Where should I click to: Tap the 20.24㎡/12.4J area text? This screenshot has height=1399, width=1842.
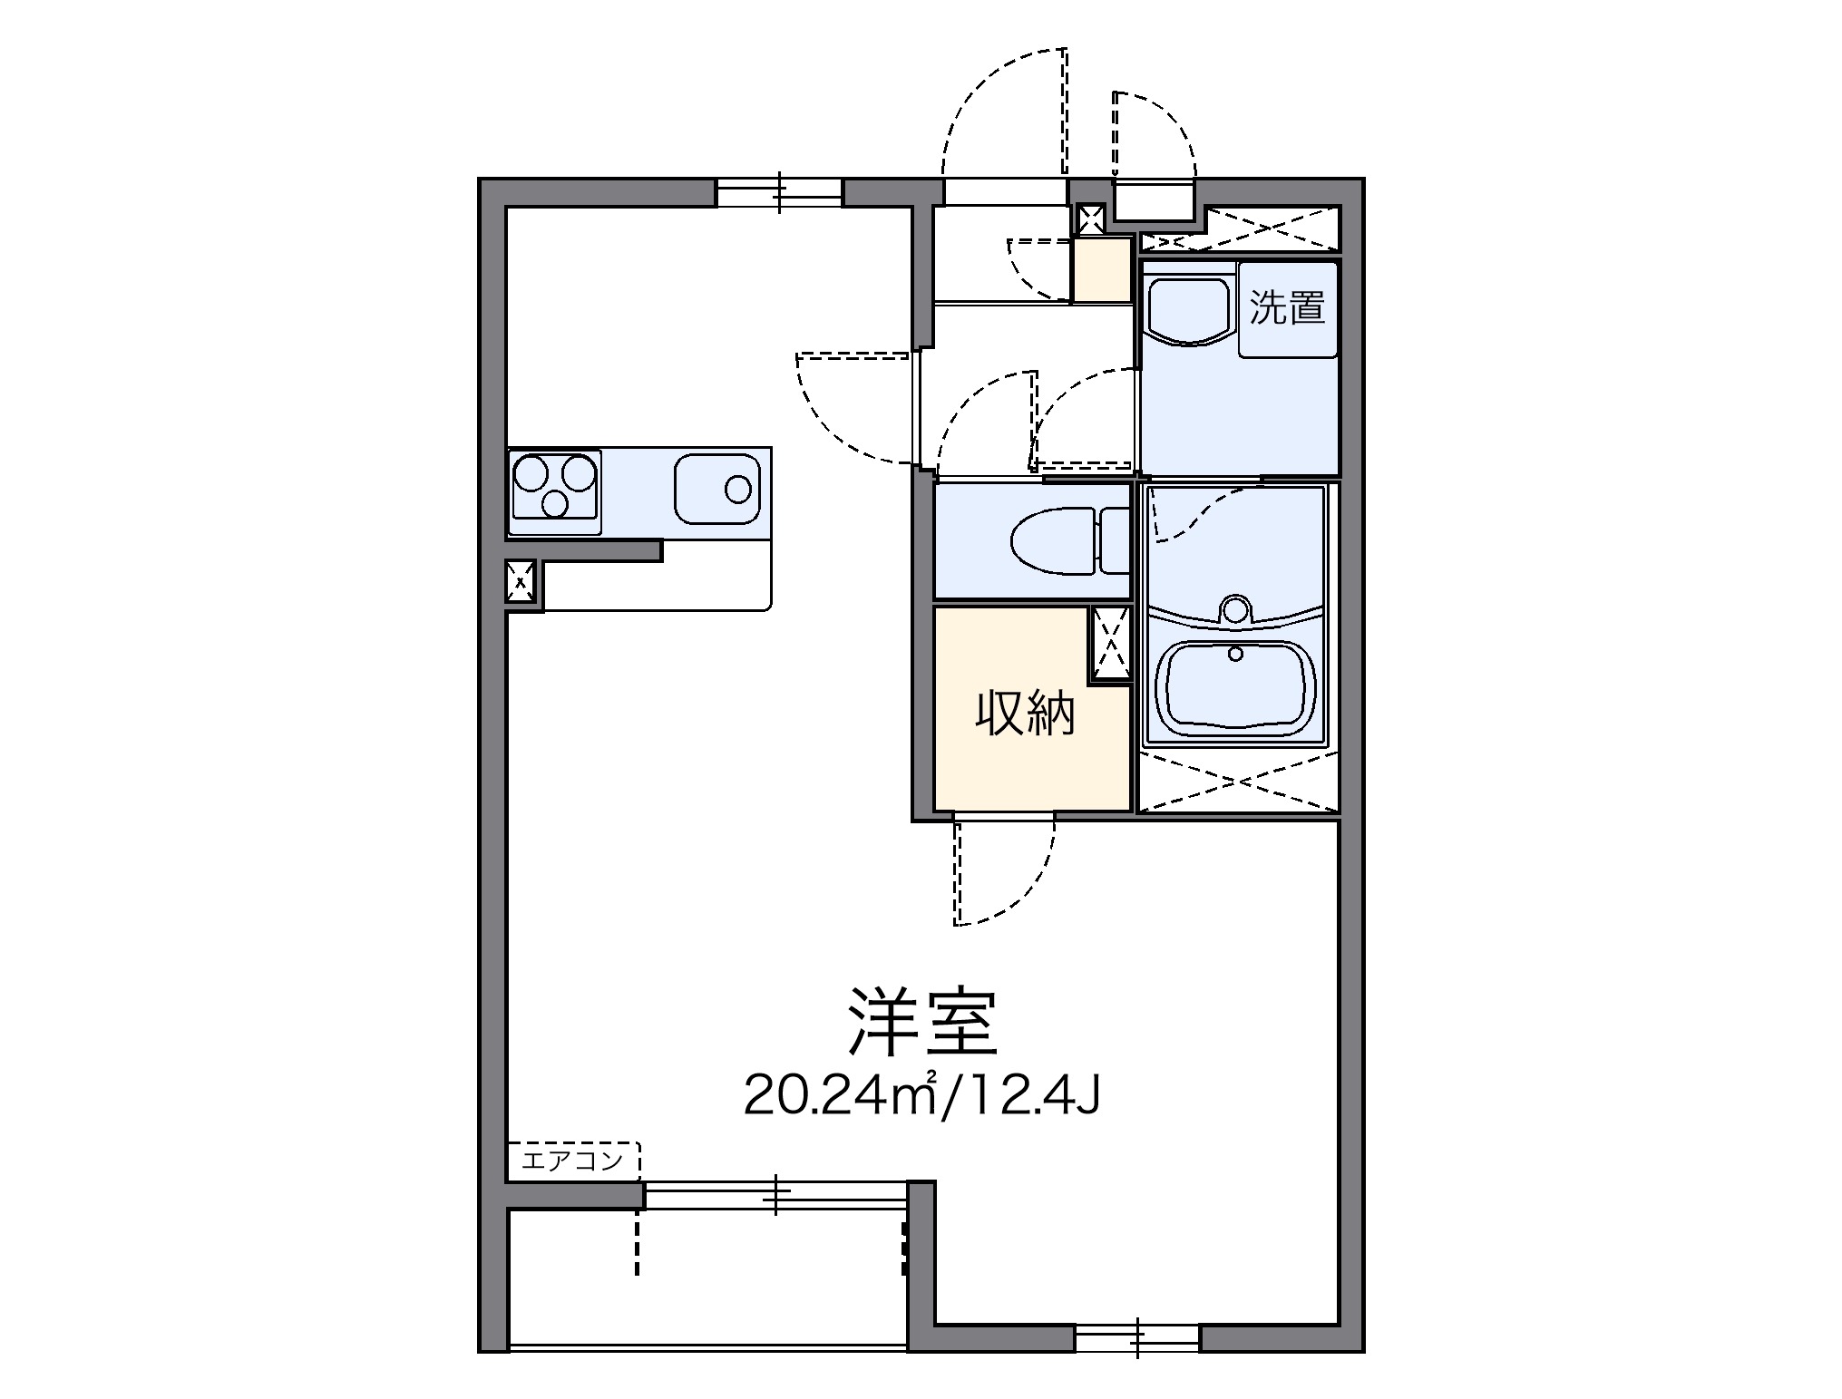[x=921, y=1096]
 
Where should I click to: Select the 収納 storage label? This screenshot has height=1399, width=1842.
[x=1024, y=714]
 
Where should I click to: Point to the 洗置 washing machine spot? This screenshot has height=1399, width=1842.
[x=1288, y=308]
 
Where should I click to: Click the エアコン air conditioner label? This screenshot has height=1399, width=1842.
[x=572, y=1160]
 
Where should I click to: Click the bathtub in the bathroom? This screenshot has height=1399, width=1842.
[x=1238, y=686]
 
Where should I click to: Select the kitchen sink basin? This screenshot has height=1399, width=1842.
[x=716, y=490]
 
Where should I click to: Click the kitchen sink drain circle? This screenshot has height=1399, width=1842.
[x=738, y=490]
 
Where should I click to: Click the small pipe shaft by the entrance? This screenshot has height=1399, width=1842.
[x=1089, y=219]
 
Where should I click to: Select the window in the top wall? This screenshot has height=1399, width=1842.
[x=780, y=193]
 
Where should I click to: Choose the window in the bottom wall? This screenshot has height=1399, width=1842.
[x=1137, y=1338]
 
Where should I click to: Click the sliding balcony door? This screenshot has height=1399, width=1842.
[x=775, y=1196]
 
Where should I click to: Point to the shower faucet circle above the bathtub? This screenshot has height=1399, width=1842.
[x=1234, y=608]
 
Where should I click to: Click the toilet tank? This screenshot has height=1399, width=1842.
[x=1115, y=541]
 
